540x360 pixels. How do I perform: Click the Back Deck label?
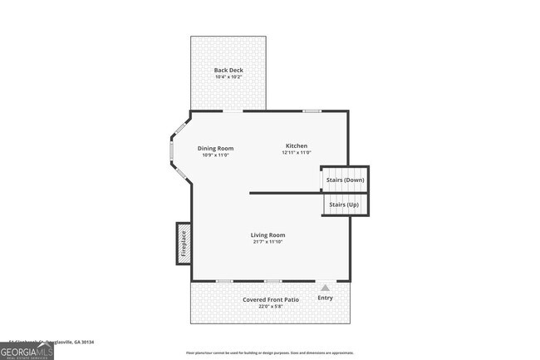pos(228,70)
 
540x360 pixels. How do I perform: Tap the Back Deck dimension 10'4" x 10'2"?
pos(228,77)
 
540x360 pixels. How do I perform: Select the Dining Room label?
pos(215,148)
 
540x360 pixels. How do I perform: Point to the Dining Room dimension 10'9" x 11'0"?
pos(215,155)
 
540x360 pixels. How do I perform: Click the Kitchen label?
pos(297,145)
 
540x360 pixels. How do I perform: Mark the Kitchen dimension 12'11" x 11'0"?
pos(297,152)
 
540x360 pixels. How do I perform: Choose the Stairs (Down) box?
pos(344,179)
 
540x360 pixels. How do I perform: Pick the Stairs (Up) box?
pos(344,205)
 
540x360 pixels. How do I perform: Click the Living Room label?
pos(268,234)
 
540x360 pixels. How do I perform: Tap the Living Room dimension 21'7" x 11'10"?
pos(268,242)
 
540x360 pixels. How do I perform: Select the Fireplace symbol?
pos(184,244)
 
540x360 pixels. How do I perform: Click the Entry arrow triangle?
pos(325,288)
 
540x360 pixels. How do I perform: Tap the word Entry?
pos(325,298)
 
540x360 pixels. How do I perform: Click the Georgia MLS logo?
pos(27,351)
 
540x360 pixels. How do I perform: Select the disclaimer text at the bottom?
pos(269,353)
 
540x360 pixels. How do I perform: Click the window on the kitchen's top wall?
pos(312,111)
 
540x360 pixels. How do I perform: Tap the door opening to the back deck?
pos(233,111)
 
